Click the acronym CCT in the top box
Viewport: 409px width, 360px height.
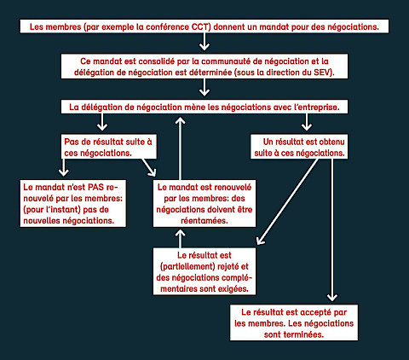pyautogui.click(x=200, y=27)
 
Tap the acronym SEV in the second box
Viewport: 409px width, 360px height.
pyautogui.click(x=322, y=73)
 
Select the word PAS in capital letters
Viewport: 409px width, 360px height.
pyautogui.click(x=95, y=187)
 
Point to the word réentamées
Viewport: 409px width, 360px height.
pyautogui.click(x=204, y=221)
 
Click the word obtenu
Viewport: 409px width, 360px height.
pyautogui.click(x=331, y=142)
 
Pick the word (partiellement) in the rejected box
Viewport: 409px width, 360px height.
pyautogui.click(x=187, y=266)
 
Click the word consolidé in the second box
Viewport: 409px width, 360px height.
pyautogui.click(x=157, y=61)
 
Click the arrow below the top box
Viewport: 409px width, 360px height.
pyautogui.click(x=204, y=42)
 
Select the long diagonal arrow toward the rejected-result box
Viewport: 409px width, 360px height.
pyautogui.click(x=287, y=201)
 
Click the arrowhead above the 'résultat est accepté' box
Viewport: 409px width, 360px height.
pyautogui.click(x=332, y=297)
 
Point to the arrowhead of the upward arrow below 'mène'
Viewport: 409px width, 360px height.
pyautogui.click(x=180, y=121)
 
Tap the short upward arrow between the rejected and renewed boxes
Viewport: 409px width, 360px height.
pyautogui.click(x=180, y=238)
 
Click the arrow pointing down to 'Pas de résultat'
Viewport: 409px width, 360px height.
pyautogui.click(x=102, y=122)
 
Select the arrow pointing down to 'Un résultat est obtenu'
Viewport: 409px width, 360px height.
pyautogui.click(x=307, y=122)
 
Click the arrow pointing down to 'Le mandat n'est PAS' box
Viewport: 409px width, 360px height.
pyautogui.click(x=63, y=168)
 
